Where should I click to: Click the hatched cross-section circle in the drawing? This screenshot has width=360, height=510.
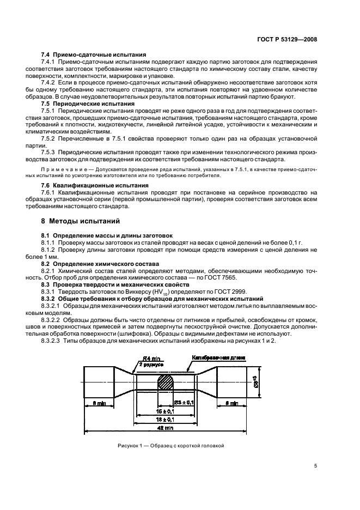[167, 381]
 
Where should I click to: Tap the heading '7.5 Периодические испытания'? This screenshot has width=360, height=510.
[88, 103]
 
